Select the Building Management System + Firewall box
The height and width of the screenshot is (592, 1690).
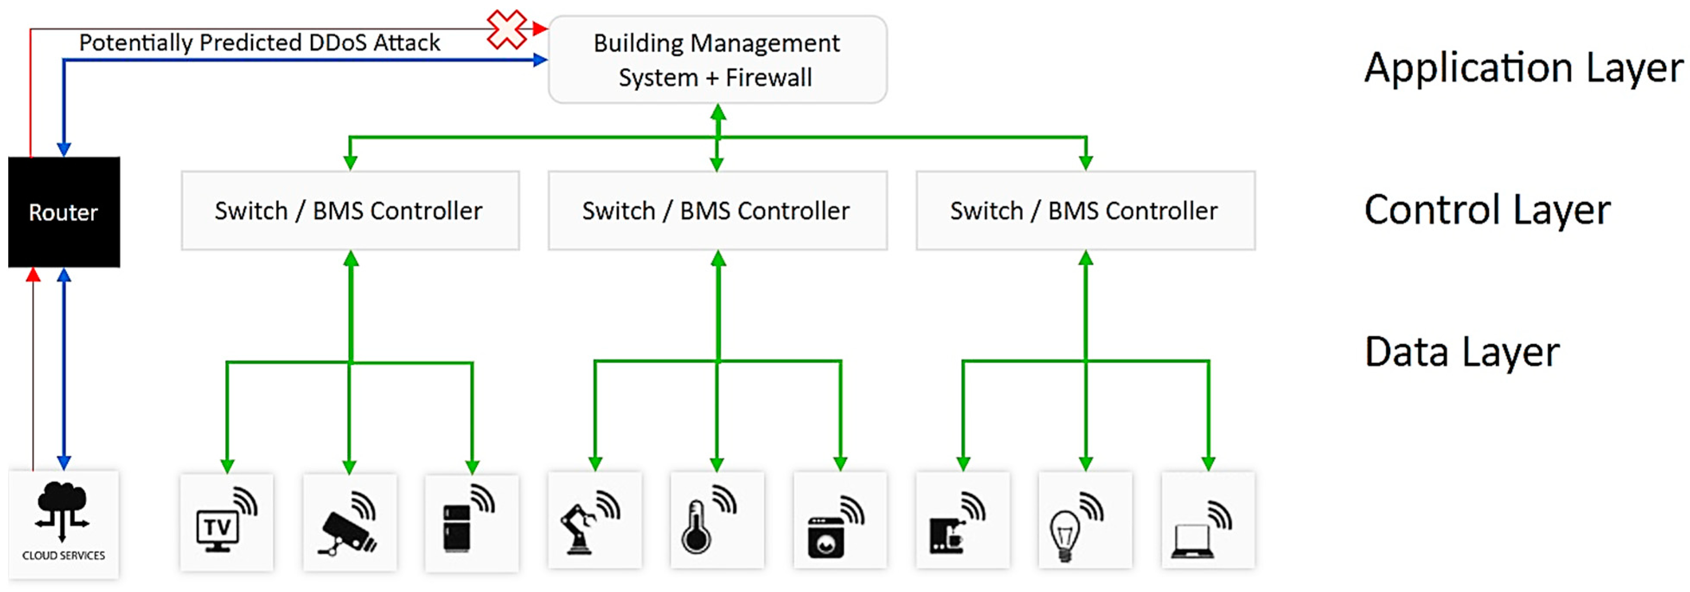point(717,60)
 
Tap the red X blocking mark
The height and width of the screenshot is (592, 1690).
point(506,29)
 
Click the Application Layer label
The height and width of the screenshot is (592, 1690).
point(1523,68)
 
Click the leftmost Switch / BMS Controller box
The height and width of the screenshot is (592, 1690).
point(350,211)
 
